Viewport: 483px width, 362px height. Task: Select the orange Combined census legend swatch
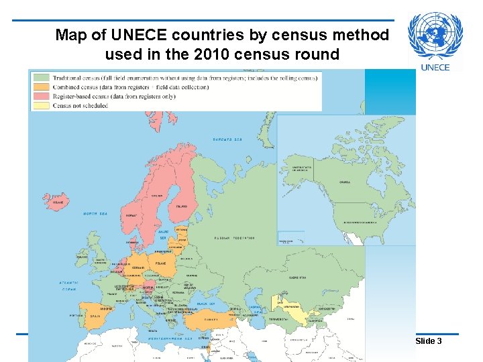click(41, 87)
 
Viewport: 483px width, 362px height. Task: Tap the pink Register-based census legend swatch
click(41, 97)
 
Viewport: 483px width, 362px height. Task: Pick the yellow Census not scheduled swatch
click(41, 105)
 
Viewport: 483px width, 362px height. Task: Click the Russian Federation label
click(234, 238)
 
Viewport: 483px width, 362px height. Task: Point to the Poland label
click(162, 263)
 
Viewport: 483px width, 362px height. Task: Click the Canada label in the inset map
click(345, 182)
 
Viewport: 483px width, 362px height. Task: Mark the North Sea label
click(95, 214)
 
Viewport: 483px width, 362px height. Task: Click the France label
click(111, 293)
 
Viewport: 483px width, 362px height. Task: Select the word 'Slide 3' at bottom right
click(429, 341)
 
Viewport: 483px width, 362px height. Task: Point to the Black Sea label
click(205, 303)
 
